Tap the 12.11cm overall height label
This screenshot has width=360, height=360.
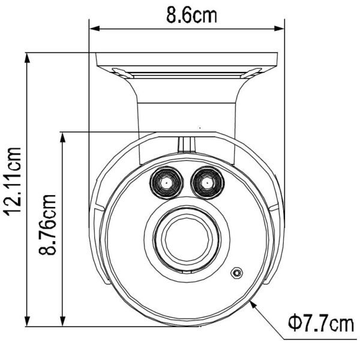tap(13, 181)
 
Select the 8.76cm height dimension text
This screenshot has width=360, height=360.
tap(48, 223)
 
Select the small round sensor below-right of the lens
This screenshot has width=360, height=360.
tap(238, 273)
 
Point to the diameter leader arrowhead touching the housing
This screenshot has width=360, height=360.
tap(255, 304)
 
